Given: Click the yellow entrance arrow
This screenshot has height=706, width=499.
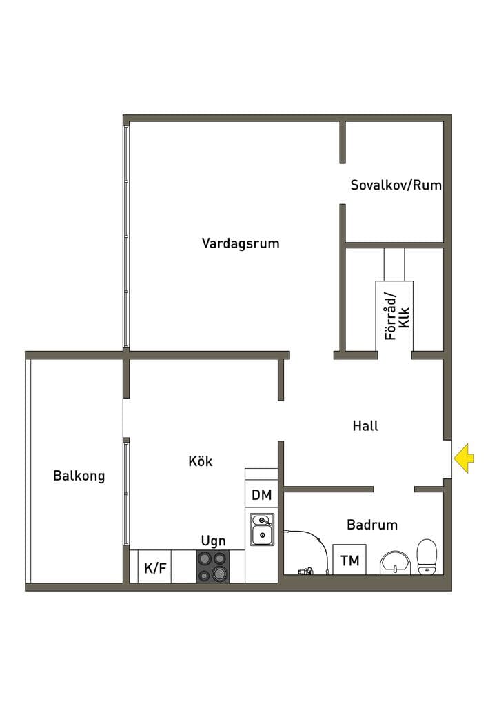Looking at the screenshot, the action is [x=464, y=458].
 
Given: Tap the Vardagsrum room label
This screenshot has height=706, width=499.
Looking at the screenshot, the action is [x=241, y=243].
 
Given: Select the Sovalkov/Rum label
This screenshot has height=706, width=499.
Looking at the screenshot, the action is [x=396, y=185].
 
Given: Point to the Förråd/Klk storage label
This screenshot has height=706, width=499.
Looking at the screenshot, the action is [x=397, y=316].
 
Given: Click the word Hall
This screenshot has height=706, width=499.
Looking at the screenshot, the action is [x=365, y=425].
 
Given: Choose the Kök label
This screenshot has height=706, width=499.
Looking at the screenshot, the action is [x=201, y=461].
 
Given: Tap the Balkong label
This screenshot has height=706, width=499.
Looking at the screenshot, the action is [x=79, y=476].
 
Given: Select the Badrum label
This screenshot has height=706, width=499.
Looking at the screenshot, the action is [x=372, y=525].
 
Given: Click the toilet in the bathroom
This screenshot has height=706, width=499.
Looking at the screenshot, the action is [x=427, y=557].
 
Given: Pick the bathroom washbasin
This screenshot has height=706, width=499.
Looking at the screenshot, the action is [x=395, y=563].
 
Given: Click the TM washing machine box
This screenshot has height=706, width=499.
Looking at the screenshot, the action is [x=349, y=559].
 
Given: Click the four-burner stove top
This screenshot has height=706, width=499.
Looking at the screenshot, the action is [x=213, y=567].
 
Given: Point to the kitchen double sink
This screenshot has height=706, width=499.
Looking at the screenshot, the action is [x=262, y=529].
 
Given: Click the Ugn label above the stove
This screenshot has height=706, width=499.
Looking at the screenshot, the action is [x=213, y=541].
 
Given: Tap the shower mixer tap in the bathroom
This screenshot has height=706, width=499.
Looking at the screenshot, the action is [x=306, y=572].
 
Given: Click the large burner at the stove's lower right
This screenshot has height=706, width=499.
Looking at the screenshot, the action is [x=220, y=574].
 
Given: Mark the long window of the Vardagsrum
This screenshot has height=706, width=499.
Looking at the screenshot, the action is [x=126, y=237].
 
